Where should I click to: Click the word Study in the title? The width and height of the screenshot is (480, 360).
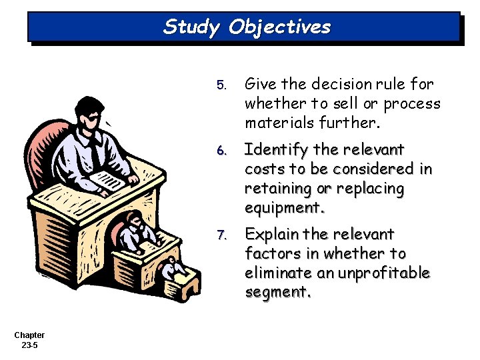192,27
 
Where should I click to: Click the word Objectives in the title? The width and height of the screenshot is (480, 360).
279,27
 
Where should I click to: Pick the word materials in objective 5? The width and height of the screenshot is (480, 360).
277,123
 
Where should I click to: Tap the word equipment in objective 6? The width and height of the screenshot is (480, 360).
283,207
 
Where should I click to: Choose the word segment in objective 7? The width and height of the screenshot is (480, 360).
275,292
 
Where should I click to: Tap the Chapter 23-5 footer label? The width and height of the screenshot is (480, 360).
29,340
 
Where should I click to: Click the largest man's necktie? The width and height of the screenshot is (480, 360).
96,151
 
